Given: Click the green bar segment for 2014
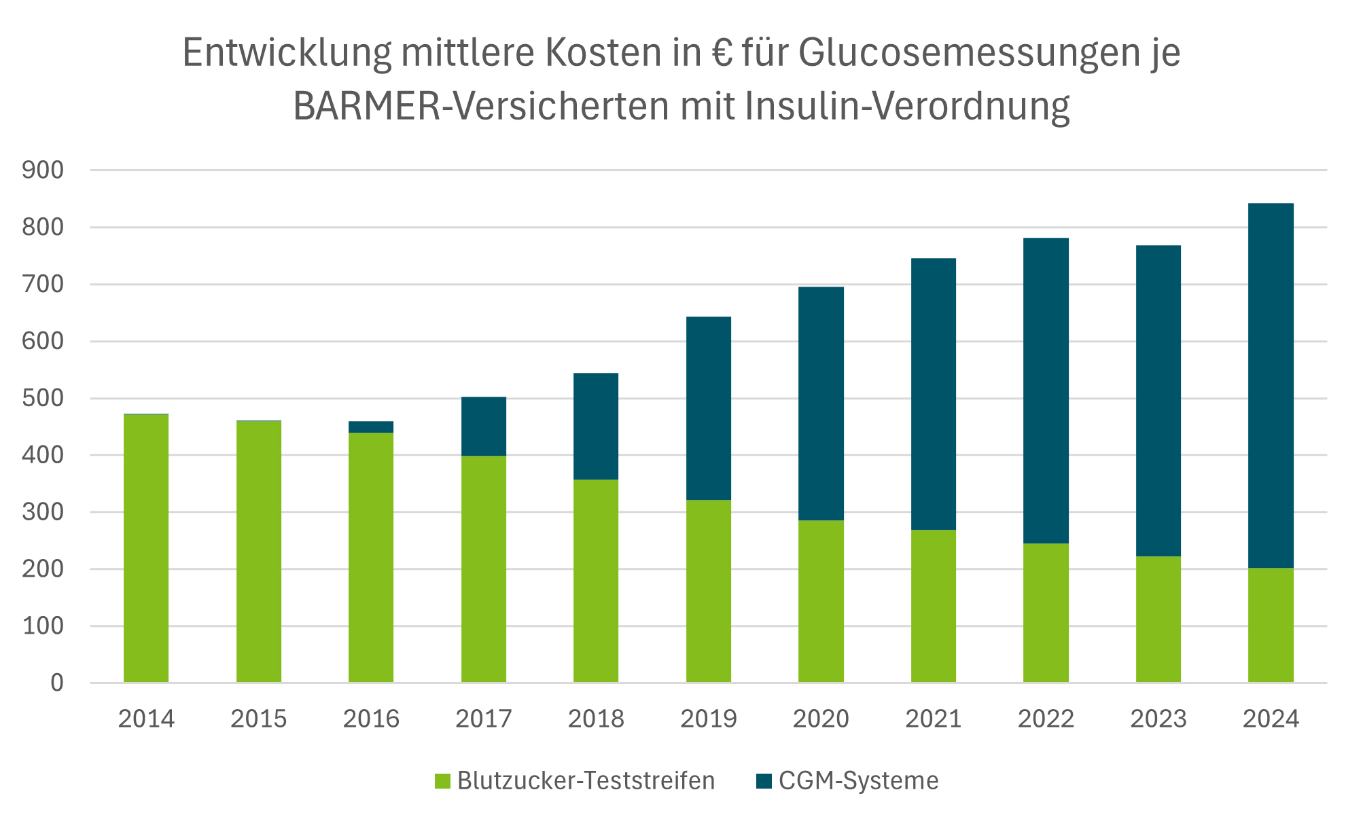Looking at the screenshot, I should click(x=146, y=547).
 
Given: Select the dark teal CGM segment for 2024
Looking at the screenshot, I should click(x=1271, y=385).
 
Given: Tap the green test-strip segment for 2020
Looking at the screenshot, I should click(x=821, y=600).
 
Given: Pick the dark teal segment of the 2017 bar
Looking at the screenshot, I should click(x=484, y=426).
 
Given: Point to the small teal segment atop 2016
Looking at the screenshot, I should click(x=371, y=427).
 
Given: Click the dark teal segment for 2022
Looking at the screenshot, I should click(x=1046, y=391).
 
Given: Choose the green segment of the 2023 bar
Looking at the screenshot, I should click(x=1158, y=619).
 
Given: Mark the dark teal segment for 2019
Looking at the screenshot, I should click(x=709, y=408).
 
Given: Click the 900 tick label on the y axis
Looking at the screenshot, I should click(x=43, y=170).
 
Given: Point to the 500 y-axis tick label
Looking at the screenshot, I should click(x=43, y=398).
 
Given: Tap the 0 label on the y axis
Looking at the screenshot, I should click(x=57, y=683).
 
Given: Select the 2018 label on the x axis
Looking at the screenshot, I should click(x=596, y=719).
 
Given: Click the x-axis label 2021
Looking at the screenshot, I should click(x=933, y=719).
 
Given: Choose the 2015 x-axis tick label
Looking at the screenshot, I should click(x=259, y=719).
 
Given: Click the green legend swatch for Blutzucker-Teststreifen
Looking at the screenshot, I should click(x=443, y=781).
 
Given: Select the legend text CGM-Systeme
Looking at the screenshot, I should click(x=858, y=780).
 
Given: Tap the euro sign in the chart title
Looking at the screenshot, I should click(x=722, y=53).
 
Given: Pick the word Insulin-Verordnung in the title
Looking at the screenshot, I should click(x=907, y=107).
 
